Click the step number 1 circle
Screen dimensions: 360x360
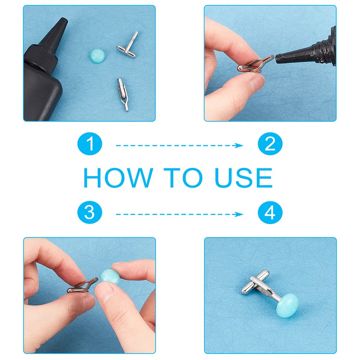90,144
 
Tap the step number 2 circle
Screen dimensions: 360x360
270,144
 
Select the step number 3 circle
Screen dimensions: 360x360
90,213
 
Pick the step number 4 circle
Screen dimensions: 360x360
270,213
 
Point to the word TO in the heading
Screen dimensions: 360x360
183,177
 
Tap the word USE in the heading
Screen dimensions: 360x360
243,177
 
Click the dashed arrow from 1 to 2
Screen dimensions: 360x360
179,145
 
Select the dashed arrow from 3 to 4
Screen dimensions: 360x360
179,214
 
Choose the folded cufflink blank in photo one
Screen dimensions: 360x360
123,95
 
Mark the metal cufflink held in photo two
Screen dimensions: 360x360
255,64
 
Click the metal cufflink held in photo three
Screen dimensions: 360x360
83,286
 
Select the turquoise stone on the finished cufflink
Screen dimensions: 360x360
287,303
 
